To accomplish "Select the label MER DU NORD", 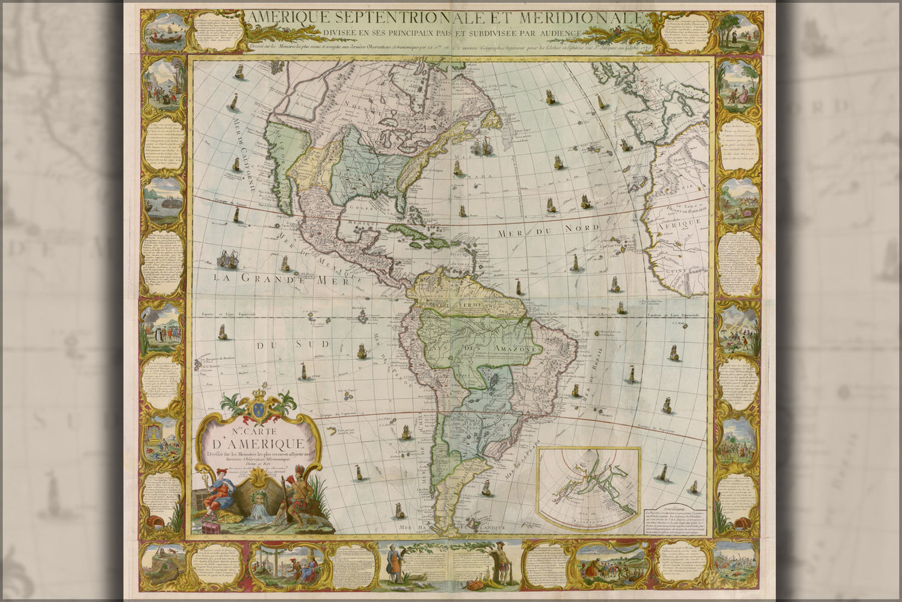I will [546, 229].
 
